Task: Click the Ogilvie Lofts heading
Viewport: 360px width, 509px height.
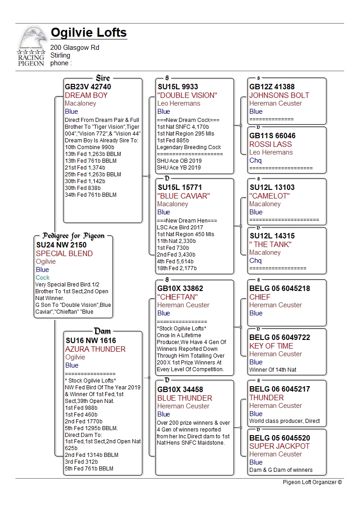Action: (x=88, y=33)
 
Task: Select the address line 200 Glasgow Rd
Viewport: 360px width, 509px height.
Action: (x=75, y=48)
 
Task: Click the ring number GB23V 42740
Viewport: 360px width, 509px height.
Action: (x=88, y=87)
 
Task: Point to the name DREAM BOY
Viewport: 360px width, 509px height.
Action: (x=86, y=95)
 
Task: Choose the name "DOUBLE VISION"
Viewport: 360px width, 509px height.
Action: (x=187, y=95)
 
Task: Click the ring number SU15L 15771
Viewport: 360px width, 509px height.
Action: (x=180, y=187)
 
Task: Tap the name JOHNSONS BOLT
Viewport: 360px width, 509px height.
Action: (x=279, y=95)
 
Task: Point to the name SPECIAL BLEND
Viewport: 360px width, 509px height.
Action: (x=64, y=253)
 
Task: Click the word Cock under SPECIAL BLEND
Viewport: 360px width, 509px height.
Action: (x=43, y=277)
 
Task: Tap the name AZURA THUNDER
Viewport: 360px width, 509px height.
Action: (x=95, y=349)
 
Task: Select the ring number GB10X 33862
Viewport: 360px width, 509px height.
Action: (x=180, y=288)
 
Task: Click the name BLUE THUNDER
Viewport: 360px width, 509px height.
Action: (x=185, y=398)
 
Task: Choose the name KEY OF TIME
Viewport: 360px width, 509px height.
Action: (x=271, y=346)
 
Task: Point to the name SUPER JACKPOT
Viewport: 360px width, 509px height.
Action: (x=279, y=446)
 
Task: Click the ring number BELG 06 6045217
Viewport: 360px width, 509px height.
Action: (x=280, y=389)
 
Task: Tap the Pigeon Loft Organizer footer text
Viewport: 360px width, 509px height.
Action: (x=312, y=482)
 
